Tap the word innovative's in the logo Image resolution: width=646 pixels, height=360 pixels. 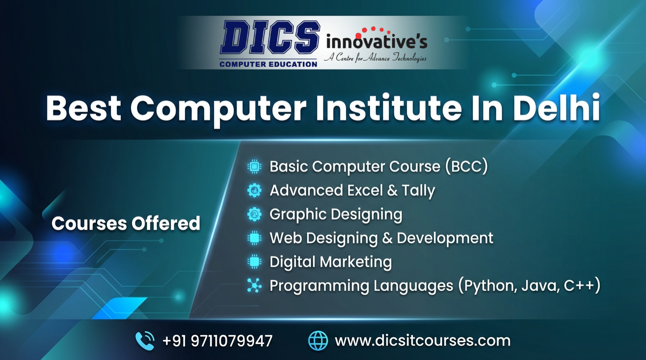coord(377,42)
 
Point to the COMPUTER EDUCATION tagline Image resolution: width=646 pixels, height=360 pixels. coord(268,64)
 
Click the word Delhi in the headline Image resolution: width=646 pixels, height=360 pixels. coord(557,108)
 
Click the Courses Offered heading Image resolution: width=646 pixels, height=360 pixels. coord(126,223)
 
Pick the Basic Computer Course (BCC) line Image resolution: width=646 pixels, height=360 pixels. coord(378,166)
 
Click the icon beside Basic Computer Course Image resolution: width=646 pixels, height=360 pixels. coord(254,166)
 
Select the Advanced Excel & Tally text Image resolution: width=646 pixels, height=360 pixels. coord(352,190)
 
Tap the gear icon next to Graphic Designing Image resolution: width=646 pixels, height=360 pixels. coord(254,214)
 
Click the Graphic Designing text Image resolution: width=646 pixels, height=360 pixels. coord(336,214)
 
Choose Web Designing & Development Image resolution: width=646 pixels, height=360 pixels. coord(381,238)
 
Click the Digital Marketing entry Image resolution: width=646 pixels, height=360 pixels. coord(331,262)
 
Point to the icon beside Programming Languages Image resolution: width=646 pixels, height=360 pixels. coord(254,285)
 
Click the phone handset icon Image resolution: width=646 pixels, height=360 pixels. coord(145,340)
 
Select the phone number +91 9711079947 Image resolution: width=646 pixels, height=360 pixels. coord(217,340)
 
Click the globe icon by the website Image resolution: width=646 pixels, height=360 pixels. coord(318,340)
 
